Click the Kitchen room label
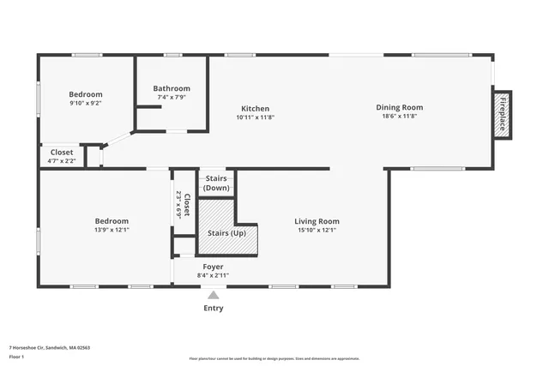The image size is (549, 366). (255, 109)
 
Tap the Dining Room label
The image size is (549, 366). (400, 107)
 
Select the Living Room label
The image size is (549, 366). (317, 221)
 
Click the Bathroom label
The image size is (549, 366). (172, 88)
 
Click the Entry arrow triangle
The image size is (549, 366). (214, 296)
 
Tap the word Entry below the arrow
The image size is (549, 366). (214, 309)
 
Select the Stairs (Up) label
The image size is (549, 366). (226, 233)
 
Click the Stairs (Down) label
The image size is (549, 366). (216, 183)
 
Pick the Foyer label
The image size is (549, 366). (213, 267)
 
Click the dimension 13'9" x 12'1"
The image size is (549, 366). (112, 230)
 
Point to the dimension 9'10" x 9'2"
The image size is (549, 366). (86, 103)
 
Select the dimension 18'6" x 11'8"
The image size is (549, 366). (400, 117)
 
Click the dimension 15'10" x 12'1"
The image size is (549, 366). (317, 230)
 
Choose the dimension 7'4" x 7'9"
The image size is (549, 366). (172, 97)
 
